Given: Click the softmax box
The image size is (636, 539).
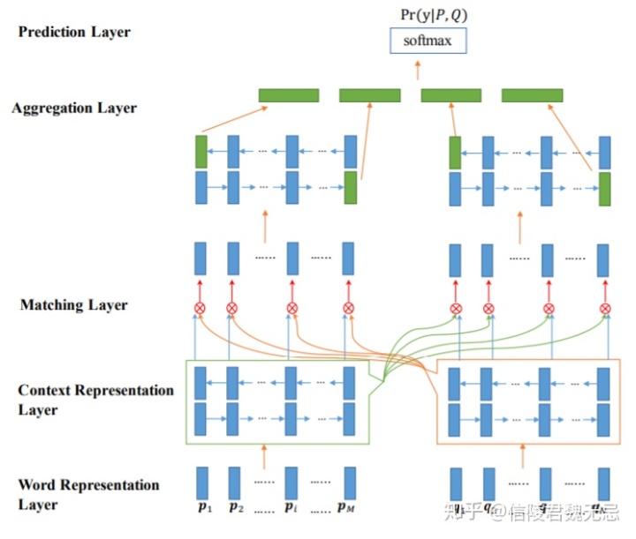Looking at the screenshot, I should tap(427, 40).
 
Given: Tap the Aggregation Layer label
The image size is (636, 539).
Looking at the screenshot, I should tap(74, 109).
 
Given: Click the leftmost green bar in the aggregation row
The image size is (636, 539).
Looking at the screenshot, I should tap(288, 95).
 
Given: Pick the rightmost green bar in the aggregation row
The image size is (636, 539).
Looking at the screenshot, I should tap(533, 95).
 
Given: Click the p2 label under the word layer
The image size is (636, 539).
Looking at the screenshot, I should tap(236, 510).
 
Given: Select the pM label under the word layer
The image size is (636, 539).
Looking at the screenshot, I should tap(346, 510).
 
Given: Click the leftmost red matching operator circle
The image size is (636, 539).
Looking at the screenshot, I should tap(200, 308).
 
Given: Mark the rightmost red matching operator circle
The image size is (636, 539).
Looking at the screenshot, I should tap(605, 308).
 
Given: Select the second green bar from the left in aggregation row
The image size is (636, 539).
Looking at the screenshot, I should tap(370, 95).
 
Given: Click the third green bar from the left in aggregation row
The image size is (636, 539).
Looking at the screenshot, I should tap(451, 95).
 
